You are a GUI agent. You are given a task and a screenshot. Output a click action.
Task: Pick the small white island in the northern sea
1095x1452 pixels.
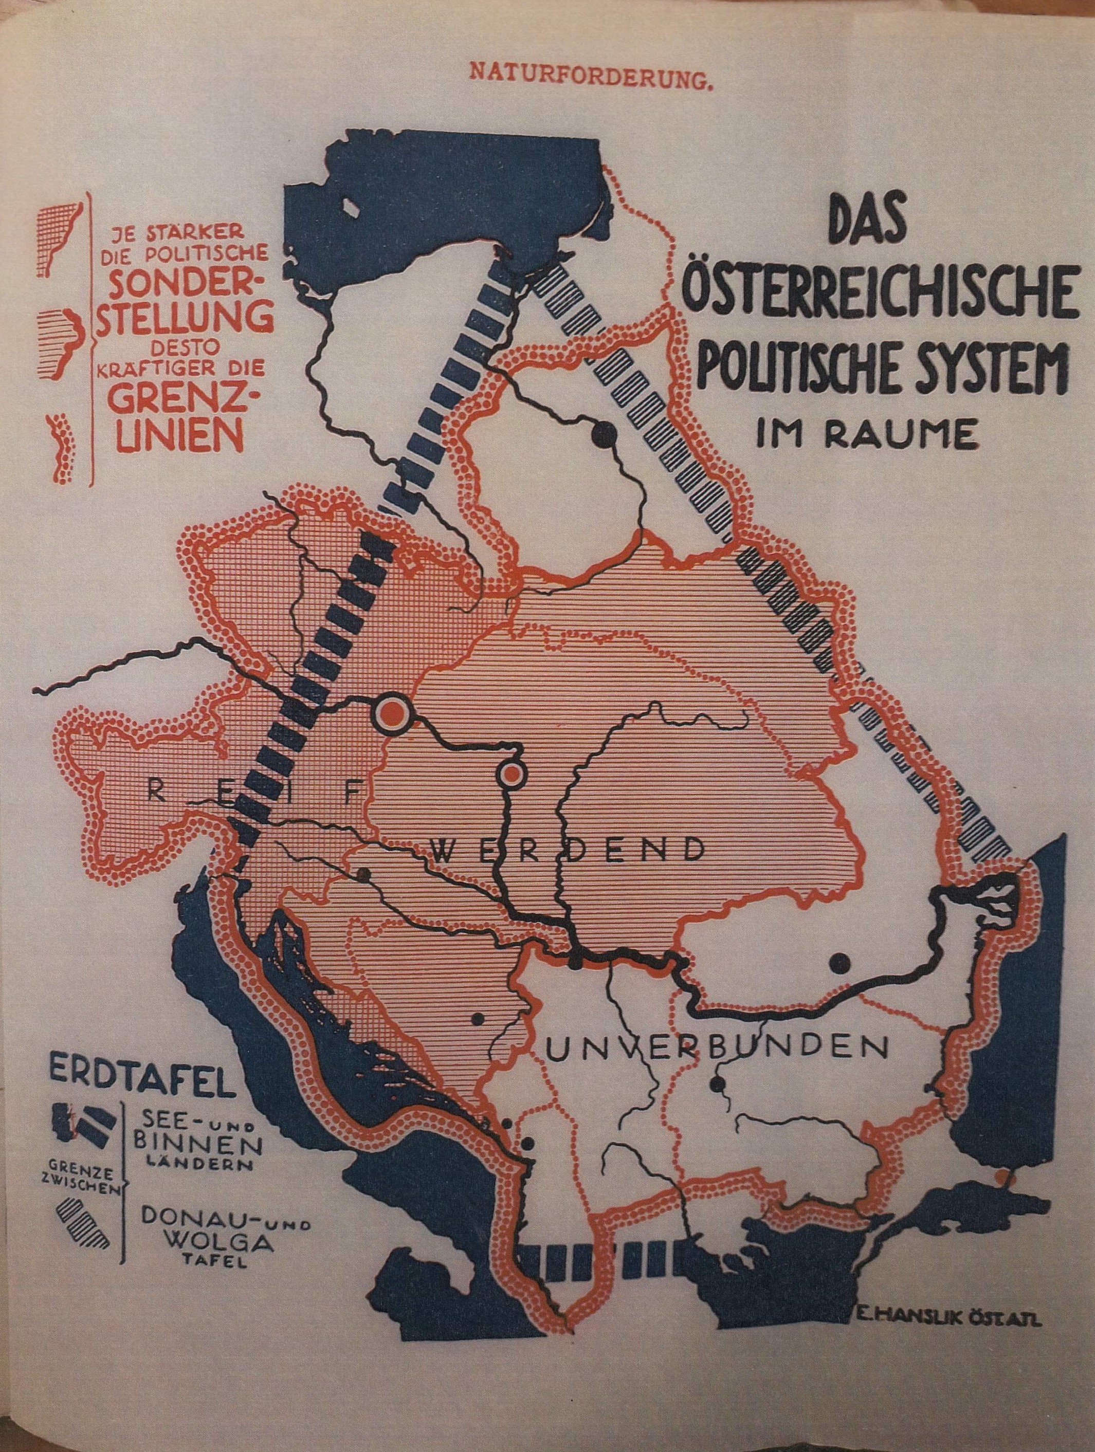point(353,209)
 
